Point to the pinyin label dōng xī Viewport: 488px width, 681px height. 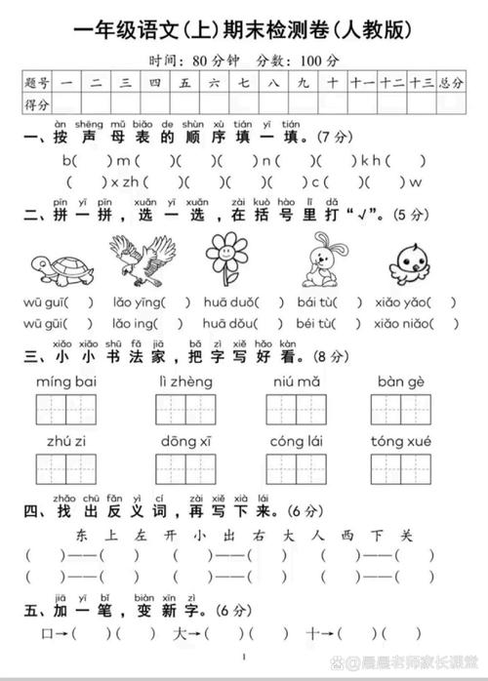[184, 441]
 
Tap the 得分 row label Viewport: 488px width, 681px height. [37, 102]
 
